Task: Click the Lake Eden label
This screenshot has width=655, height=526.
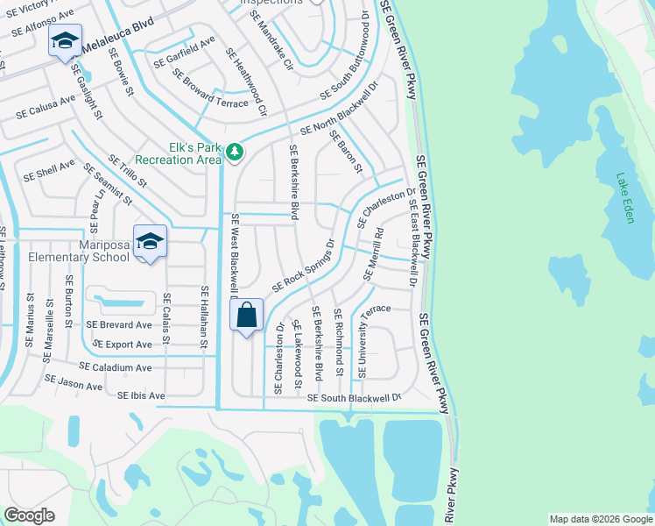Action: point(624,197)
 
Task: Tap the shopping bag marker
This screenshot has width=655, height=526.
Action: point(246,315)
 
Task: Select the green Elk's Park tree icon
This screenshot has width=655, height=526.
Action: point(234,153)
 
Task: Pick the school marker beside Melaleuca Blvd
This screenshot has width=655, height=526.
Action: point(65,40)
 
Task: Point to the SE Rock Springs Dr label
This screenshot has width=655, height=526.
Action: point(304,265)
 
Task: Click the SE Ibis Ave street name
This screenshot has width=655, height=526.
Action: point(141,396)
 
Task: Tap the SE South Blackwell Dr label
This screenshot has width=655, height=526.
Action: point(355,397)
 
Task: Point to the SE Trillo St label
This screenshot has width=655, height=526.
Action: point(128,174)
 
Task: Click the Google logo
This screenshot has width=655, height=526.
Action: point(29,515)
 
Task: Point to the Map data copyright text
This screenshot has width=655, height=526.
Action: point(600,519)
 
